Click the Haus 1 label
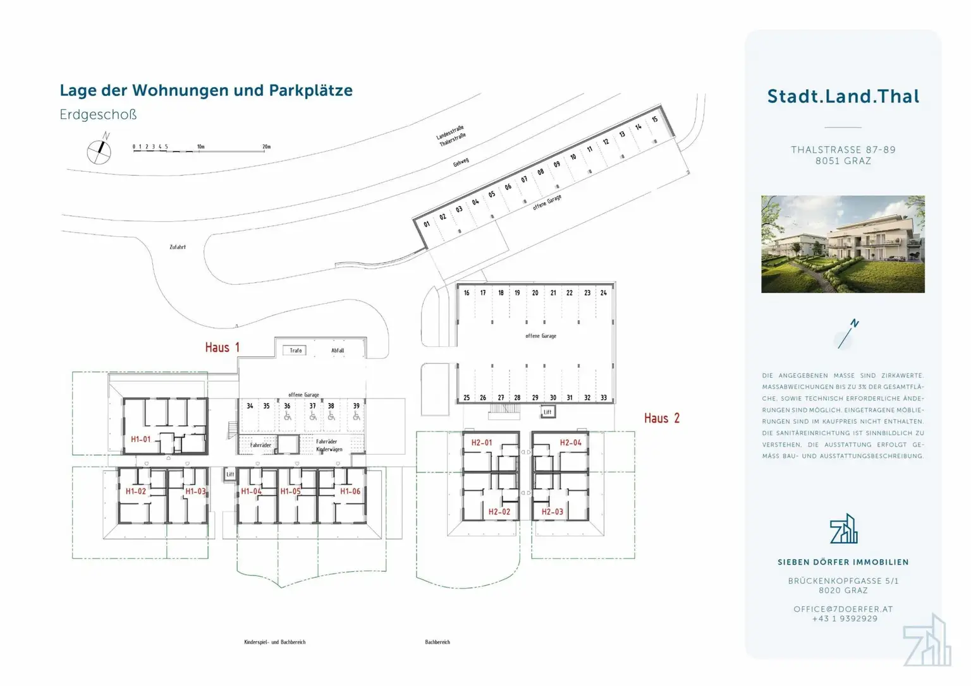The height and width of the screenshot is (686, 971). click(222, 347)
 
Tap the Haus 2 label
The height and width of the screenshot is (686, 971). click(661, 418)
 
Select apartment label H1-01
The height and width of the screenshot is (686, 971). click(140, 440)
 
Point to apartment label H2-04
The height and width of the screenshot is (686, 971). click(570, 443)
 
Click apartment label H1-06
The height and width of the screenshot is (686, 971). click(350, 491)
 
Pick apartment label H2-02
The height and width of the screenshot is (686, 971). click(499, 512)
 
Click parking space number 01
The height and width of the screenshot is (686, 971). click(427, 224)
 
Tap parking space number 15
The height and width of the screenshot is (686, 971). click(655, 119)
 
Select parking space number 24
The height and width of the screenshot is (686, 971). click(603, 293)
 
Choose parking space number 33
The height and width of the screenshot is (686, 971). click(603, 398)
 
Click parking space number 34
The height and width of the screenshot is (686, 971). click(250, 406)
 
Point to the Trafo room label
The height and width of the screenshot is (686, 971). click(296, 351)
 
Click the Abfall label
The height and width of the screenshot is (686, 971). click(338, 351)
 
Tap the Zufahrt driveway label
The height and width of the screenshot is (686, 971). click(178, 247)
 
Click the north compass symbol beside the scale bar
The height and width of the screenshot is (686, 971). click(99, 150)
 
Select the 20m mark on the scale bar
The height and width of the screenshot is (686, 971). click(266, 147)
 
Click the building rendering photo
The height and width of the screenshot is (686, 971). click(843, 244)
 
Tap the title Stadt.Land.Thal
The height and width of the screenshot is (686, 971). click(843, 96)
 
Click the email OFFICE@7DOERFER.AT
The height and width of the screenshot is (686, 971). click(843, 609)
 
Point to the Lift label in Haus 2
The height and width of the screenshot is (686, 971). click(547, 412)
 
